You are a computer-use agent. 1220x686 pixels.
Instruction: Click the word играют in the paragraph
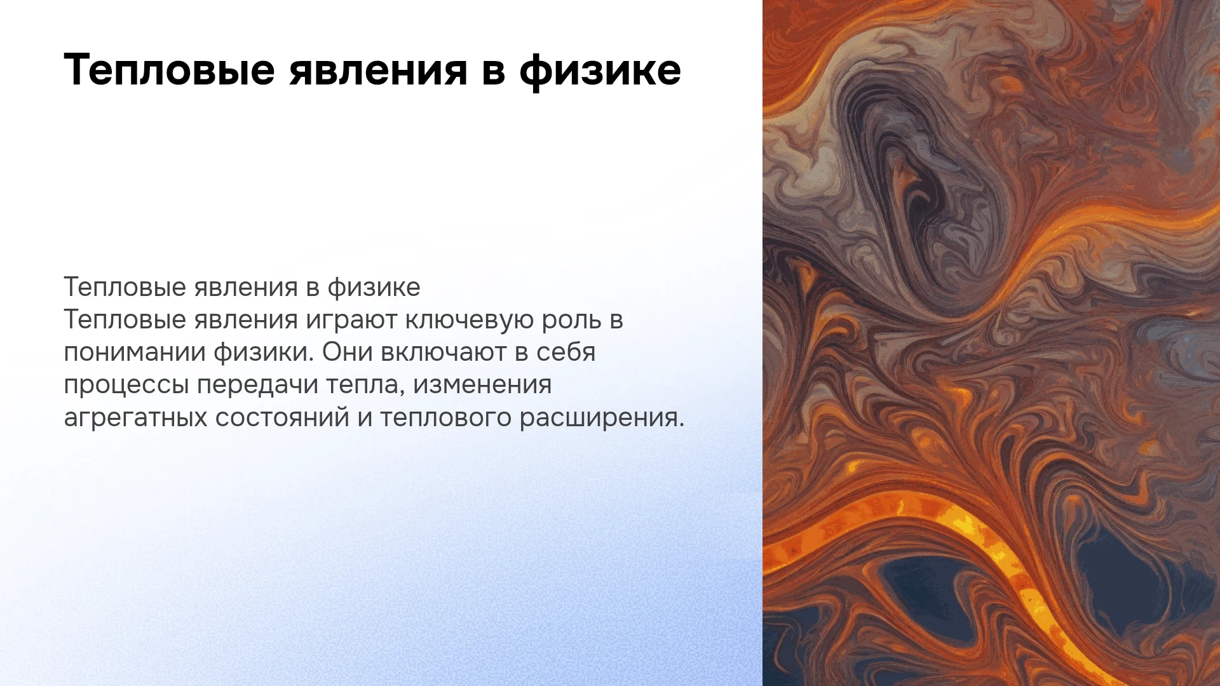coord(351,319)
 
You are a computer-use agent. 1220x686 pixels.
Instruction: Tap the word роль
coord(572,319)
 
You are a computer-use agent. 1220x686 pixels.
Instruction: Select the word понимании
coord(135,353)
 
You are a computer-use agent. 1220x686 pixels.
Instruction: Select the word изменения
coord(482,386)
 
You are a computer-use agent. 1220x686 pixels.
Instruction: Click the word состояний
coord(282,418)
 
